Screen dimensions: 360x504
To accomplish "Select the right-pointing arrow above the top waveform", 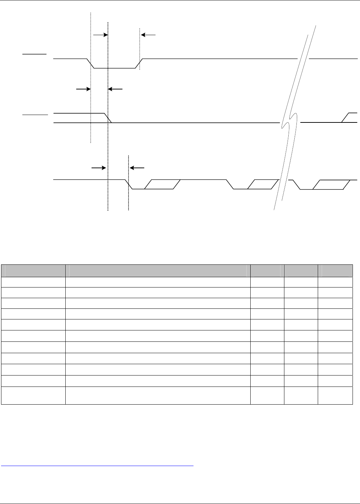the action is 100,35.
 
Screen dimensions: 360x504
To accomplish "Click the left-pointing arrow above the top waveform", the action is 148,35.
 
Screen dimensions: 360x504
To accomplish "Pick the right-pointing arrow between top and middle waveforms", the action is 83,89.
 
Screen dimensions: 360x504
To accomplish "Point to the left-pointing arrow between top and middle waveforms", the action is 115,89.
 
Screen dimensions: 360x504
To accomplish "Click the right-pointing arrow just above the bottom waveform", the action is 99,167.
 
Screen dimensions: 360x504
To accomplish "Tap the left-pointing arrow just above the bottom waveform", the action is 137,167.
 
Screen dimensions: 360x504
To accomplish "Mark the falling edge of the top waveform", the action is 91,63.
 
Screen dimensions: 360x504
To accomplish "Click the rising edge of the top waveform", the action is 139,63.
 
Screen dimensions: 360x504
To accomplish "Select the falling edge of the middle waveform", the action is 108,118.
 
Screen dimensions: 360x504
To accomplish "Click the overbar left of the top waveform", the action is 34,54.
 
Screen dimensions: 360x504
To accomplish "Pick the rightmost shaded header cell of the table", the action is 336,270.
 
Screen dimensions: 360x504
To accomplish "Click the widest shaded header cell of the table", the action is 158,270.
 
